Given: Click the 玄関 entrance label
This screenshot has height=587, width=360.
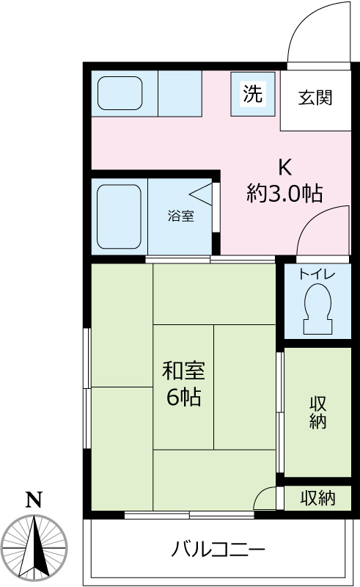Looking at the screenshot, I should point(315,98).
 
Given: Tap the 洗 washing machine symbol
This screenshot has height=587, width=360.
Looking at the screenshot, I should point(251,94).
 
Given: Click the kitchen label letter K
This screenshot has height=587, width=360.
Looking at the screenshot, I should point(284,166).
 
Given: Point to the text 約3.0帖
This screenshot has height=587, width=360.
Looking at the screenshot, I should point(284,193).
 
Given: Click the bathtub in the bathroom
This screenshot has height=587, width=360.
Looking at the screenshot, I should point(119,216).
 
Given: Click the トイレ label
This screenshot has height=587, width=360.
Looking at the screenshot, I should point(317,274).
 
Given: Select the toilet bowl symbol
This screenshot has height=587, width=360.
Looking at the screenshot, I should point(317,308).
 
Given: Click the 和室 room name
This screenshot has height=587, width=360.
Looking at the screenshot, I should point(183,370).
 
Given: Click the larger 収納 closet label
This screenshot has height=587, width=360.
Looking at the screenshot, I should point(317,412).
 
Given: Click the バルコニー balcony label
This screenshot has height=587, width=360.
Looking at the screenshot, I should point(218,549).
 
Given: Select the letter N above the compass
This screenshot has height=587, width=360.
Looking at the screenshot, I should point(33,500).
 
